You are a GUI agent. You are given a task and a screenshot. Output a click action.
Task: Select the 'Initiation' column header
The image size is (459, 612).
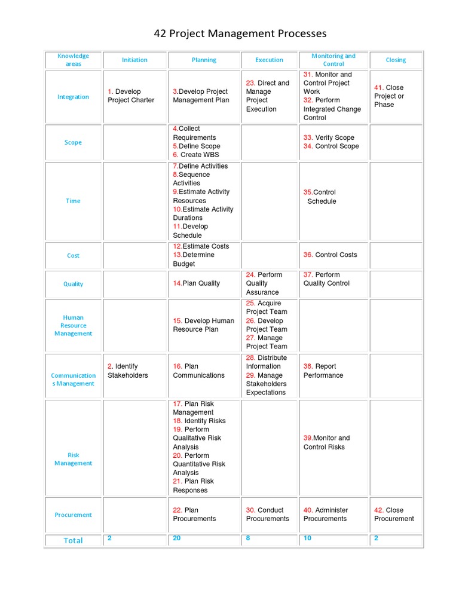point(134,60)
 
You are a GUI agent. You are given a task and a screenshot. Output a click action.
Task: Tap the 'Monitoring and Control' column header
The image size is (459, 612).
point(333,60)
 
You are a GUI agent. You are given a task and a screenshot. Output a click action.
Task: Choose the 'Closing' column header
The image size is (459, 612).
point(396,60)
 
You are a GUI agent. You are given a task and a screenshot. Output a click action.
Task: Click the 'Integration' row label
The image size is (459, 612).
point(73,97)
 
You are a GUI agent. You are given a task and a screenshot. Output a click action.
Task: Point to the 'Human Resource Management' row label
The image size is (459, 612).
point(73,326)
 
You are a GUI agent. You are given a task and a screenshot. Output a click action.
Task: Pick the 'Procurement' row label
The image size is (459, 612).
point(73,515)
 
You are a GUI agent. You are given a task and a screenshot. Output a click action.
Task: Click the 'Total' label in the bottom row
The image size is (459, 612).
point(73,540)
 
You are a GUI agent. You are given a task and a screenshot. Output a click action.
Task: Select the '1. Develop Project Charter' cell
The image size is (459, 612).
point(131,96)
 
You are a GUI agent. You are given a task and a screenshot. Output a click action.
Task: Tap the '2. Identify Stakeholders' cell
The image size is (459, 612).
point(128,371)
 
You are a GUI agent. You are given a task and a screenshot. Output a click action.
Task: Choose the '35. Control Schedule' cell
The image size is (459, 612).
point(320,197)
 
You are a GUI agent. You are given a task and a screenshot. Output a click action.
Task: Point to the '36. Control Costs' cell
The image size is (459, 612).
point(330,255)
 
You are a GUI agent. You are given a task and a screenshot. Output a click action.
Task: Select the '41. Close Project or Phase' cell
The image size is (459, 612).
point(389,96)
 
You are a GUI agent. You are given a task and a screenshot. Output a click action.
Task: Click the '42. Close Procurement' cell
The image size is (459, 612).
point(394,514)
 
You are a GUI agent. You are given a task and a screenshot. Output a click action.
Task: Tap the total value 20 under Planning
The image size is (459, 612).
point(177,538)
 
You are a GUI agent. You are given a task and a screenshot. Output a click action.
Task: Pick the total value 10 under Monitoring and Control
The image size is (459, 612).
point(307,538)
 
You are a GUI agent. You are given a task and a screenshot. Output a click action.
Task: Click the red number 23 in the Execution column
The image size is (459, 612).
point(251,83)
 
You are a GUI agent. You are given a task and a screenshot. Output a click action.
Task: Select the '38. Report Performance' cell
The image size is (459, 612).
point(323,371)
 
